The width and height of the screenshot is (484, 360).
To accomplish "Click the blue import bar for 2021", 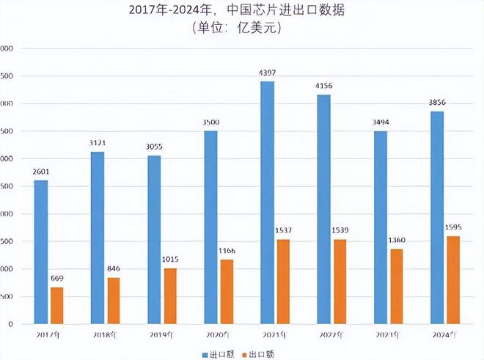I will tap(267, 202).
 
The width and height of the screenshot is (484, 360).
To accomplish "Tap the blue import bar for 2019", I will tap(154, 239).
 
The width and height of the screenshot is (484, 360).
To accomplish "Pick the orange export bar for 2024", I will tap(452, 279).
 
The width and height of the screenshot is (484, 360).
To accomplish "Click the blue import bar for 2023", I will tap(380, 227).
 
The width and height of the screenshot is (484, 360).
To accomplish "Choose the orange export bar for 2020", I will tap(227, 291).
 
